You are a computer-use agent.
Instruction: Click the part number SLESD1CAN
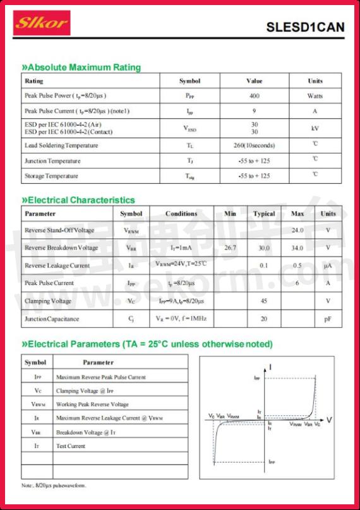pyautogui.click(x=305, y=27)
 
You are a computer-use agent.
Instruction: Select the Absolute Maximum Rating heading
pyautogui.click(x=81, y=68)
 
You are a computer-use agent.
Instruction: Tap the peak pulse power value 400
pyautogui.click(x=254, y=96)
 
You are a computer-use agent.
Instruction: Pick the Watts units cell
pyautogui.click(x=315, y=96)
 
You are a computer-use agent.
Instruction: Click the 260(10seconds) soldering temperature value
pyautogui.click(x=254, y=145)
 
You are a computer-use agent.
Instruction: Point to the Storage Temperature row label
pyautogui.click(x=51, y=176)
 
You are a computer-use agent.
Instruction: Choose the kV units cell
pyautogui.click(x=315, y=128)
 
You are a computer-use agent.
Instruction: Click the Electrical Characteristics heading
pyautogui.click(x=78, y=200)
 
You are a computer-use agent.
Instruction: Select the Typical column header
pyautogui.click(x=264, y=214)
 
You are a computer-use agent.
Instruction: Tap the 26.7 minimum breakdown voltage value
pyautogui.click(x=230, y=248)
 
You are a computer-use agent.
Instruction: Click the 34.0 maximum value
pyautogui.click(x=297, y=248)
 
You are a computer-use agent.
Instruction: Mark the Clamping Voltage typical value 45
pyautogui.click(x=264, y=301)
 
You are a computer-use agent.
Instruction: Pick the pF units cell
pyautogui.click(x=328, y=319)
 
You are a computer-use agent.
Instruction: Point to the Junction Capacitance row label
pyautogui.click(x=52, y=319)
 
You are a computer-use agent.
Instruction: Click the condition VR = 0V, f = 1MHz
pyautogui.click(x=181, y=319)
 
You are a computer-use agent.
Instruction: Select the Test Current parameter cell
pyautogui.click(x=71, y=446)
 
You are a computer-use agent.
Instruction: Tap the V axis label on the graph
pyautogui.click(x=329, y=420)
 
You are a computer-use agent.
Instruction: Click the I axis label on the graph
pyautogui.click(x=270, y=367)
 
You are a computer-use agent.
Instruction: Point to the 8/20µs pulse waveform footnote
pyautogui.click(x=54, y=485)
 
